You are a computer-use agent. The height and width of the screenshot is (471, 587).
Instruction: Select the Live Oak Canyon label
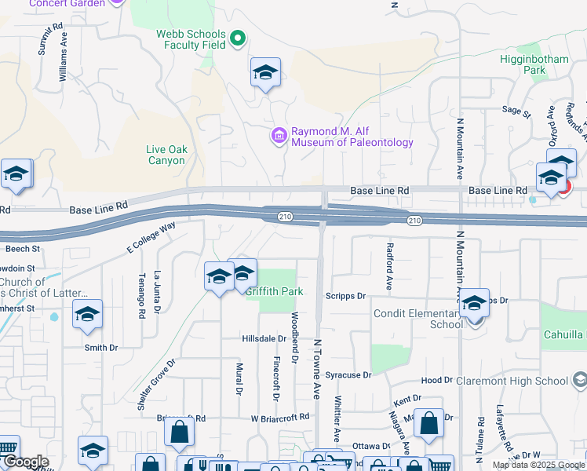(166, 155)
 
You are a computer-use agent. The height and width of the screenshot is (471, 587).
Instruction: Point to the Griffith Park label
(274, 291)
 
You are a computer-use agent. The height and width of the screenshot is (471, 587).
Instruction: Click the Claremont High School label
(512, 382)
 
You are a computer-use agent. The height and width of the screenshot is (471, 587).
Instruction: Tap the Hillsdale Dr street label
(264, 338)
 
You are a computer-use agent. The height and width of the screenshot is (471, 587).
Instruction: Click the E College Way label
(151, 239)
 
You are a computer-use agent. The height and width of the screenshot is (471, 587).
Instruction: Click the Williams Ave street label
(64, 62)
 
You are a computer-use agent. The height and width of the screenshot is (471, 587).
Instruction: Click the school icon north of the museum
(266, 74)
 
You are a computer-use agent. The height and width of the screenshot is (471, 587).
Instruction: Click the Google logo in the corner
(25, 462)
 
